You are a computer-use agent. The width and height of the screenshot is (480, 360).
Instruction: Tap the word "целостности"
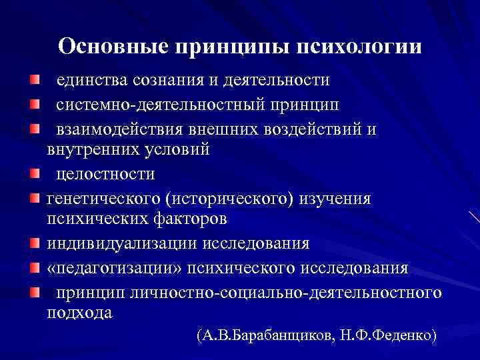pyautogui.click(x=105, y=174)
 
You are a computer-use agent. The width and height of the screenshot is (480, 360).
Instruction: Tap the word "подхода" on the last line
pyautogui.click(x=80, y=312)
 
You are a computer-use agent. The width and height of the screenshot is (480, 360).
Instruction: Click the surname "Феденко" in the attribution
pyautogui.click(x=403, y=335)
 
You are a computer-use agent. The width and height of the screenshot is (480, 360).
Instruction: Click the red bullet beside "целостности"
pyautogui.click(x=34, y=175)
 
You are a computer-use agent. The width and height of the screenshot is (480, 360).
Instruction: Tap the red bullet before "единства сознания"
pyautogui.click(x=34, y=81)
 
